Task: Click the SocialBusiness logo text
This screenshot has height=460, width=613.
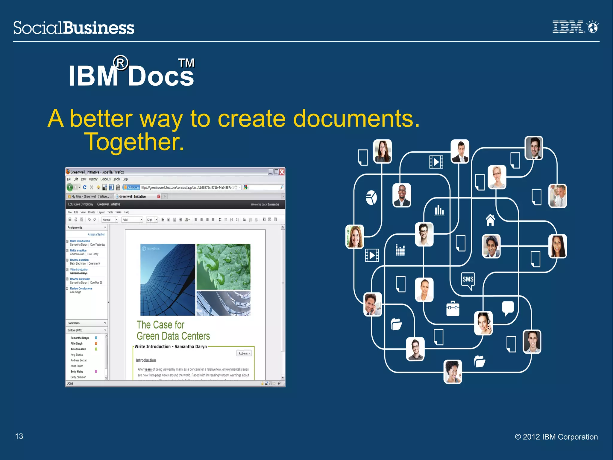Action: click(74, 28)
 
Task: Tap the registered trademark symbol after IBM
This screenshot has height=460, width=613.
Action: click(121, 63)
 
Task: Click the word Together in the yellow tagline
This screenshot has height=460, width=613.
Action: click(134, 142)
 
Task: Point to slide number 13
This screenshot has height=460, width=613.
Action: click(19, 436)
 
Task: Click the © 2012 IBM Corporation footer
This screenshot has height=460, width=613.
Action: click(556, 437)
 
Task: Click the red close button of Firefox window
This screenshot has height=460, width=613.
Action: click(282, 172)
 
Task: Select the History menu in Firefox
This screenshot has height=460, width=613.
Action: click(93, 179)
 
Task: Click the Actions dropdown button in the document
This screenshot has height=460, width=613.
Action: click(244, 353)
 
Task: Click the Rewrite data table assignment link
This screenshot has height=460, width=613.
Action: click(80, 279)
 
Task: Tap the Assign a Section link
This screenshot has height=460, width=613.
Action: click(96, 234)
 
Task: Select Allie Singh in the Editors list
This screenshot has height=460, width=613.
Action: click(76, 343)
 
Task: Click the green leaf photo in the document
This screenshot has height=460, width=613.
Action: click(223, 266)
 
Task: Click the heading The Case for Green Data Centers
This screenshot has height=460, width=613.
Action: click(173, 330)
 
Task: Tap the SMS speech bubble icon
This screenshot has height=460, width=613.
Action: click(468, 280)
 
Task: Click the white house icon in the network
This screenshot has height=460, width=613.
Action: click(490, 220)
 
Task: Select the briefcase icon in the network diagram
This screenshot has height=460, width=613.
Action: click(453, 309)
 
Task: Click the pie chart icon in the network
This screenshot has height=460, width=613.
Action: click(371, 198)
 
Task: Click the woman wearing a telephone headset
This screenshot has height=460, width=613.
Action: click(483, 323)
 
